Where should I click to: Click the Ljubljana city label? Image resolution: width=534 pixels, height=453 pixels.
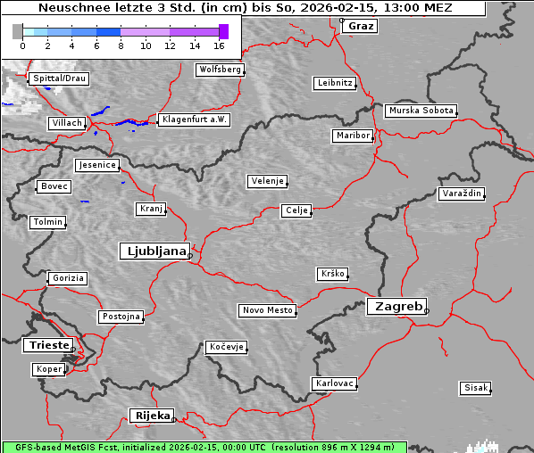[154, 251]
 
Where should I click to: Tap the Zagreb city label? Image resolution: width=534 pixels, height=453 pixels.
[396, 306]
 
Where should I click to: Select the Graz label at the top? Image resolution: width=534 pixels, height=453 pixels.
[361, 26]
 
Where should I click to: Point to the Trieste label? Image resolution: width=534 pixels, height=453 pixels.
[46, 345]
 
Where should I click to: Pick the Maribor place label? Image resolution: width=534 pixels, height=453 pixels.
[352, 136]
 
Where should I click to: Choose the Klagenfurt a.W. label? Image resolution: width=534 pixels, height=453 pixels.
[194, 119]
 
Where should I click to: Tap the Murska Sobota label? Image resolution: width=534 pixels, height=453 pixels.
[421, 111]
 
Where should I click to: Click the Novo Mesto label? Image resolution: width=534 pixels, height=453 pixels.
[267, 310]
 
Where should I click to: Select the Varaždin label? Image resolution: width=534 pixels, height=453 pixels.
[462, 194]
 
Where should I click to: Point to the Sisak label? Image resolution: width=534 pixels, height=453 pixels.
[475, 388]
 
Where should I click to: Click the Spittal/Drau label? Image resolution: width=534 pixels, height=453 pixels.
[59, 78]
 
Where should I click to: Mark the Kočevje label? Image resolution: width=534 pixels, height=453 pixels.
[225, 347]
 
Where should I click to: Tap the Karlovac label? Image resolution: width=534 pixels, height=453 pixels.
[335, 383]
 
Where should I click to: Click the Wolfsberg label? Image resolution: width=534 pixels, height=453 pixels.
[219, 70]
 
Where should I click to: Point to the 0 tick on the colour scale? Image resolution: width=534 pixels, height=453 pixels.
[22, 45]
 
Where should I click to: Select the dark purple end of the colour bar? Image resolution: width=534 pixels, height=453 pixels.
[223, 31]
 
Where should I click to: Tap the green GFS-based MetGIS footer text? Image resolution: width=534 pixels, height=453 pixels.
[204, 447]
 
